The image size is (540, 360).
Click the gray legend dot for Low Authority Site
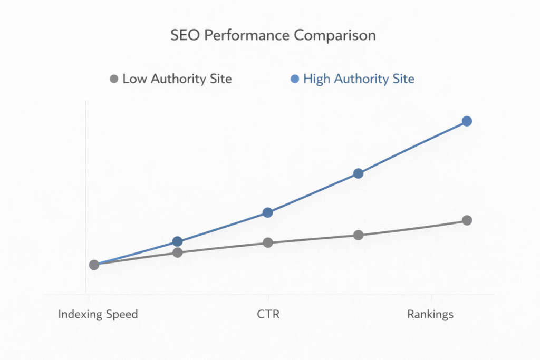point(113,80)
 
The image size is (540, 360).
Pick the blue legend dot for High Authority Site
point(294,80)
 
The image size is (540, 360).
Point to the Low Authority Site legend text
point(177,80)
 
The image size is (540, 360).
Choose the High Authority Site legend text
point(359,80)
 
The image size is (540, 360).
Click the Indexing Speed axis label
point(98,315)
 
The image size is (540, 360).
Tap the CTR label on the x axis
point(268,315)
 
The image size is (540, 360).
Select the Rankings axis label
point(430,315)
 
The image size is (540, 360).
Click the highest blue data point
point(467,121)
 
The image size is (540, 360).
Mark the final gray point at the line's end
point(467,220)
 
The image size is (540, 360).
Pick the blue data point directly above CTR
point(267,212)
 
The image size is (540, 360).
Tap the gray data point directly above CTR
point(267,242)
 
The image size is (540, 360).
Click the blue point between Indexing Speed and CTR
point(178,241)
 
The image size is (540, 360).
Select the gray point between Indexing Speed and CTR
point(178,252)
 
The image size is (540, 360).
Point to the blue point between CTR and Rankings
point(358,173)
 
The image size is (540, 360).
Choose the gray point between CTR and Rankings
point(358,235)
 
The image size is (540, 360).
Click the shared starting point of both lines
point(94,265)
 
